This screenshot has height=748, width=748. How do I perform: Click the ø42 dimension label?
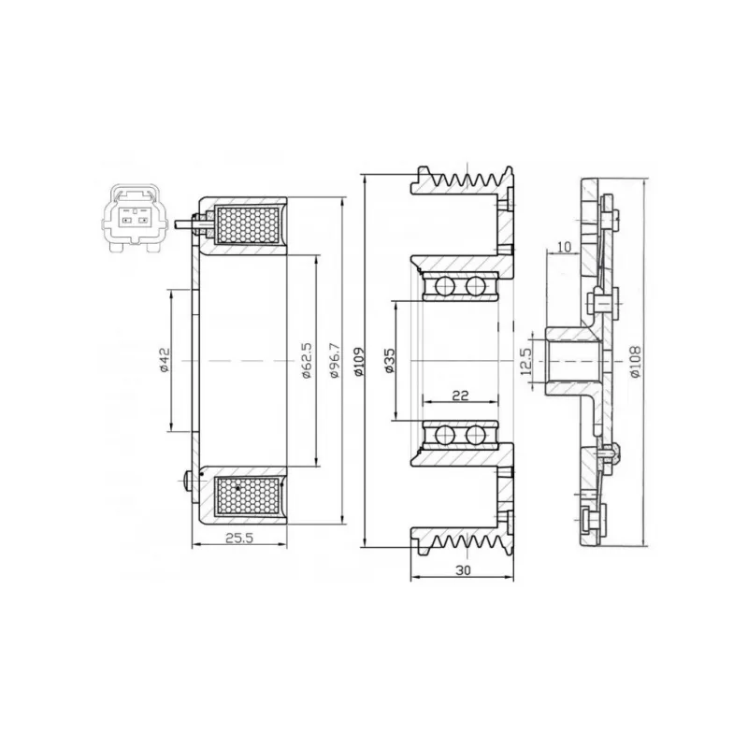click(x=165, y=360)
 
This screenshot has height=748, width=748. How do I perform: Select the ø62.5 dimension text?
click(x=307, y=360)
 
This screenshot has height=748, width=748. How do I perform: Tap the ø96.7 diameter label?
click(x=335, y=360)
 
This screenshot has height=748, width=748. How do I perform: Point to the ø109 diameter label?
click(x=359, y=360)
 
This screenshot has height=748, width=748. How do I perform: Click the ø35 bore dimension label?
click(x=390, y=360)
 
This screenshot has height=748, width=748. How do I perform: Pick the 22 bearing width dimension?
click(x=460, y=395)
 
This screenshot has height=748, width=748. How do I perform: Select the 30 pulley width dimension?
click(x=463, y=570)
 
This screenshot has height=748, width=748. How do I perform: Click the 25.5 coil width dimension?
click(x=239, y=539)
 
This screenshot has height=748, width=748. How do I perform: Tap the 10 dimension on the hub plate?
click(x=564, y=247)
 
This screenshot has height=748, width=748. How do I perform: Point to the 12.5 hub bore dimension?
click(x=526, y=361)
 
